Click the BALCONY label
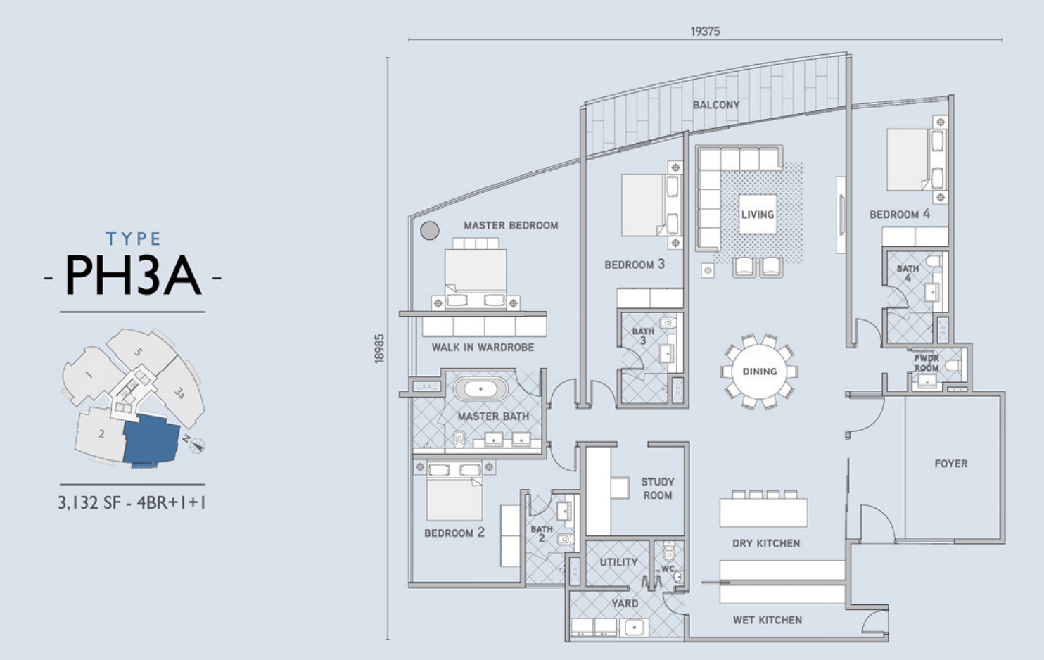click(716, 105)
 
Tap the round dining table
click(760, 372)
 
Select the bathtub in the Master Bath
click(480, 388)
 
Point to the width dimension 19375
click(705, 31)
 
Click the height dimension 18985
click(379, 348)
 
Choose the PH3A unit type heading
click(133, 275)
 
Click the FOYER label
click(951, 463)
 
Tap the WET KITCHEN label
click(768, 620)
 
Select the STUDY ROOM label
click(658, 488)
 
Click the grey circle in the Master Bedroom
click(430, 230)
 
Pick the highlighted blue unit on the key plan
click(151, 439)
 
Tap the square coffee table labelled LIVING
click(758, 214)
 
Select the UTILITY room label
click(618, 562)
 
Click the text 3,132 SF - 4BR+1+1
click(132, 502)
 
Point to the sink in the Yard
click(634, 628)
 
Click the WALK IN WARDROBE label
click(483, 348)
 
